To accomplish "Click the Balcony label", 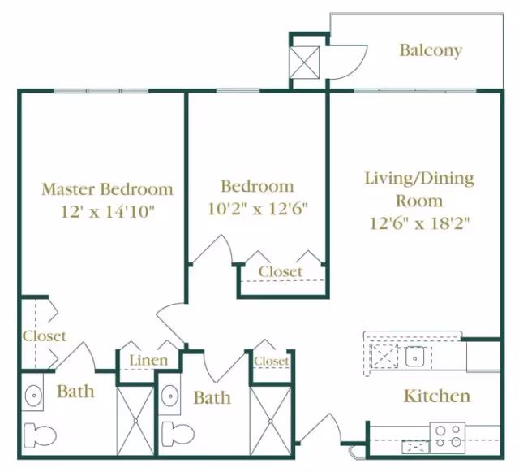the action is click(x=431, y=50).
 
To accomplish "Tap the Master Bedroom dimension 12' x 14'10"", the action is click(x=108, y=211).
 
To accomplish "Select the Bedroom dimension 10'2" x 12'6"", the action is click(x=258, y=209).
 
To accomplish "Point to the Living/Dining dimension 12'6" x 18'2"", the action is click(x=420, y=223).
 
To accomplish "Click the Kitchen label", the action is click(x=437, y=396).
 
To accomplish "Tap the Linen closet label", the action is click(x=148, y=360).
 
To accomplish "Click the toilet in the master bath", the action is click(x=40, y=434).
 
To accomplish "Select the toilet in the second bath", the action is click(x=178, y=434).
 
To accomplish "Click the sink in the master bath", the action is click(x=34, y=396).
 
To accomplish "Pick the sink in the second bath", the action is click(x=170, y=396).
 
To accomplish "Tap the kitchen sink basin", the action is click(x=415, y=357).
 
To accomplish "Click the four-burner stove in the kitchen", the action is click(x=448, y=438).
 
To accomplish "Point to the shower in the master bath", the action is click(x=135, y=421).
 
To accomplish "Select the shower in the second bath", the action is click(x=270, y=421).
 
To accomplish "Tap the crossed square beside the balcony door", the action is click(x=305, y=63).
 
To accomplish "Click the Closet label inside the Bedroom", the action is click(x=281, y=271).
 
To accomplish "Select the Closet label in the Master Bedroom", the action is click(x=45, y=336).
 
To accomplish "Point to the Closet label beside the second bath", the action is click(x=272, y=361).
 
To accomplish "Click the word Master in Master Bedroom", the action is click(x=68, y=189).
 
